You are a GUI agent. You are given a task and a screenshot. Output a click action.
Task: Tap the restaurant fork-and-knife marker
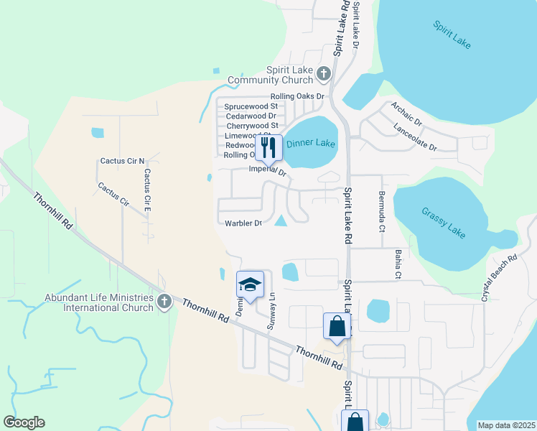point(268,147)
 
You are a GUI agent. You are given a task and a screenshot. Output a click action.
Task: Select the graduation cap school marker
point(250,285)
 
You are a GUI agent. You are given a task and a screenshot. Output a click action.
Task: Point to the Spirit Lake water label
point(452,34)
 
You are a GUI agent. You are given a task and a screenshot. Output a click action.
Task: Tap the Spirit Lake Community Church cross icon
point(324,73)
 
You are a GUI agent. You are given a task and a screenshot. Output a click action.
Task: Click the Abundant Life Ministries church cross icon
point(164,302)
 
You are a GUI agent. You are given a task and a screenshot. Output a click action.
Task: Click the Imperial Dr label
point(267,171)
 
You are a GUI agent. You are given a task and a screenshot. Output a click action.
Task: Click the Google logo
point(24,422)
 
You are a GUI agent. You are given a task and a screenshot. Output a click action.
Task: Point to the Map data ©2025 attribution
point(505,425)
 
